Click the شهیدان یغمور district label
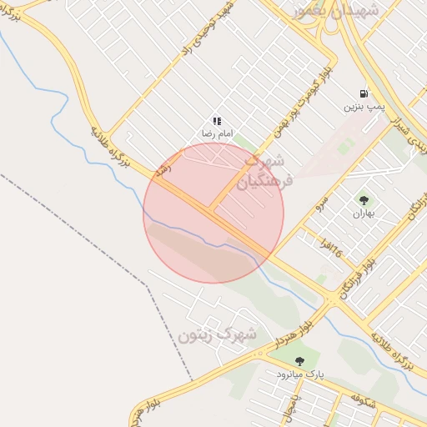[x=336, y=10]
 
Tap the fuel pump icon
[x=364, y=93]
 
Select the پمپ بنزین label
[x=364, y=107]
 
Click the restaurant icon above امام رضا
[x=217, y=122]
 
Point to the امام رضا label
[x=217, y=134]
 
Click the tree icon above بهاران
[x=364, y=200]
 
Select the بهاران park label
[x=364, y=213]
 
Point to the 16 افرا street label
[x=331, y=245]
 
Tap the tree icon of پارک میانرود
[x=299, y=361]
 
